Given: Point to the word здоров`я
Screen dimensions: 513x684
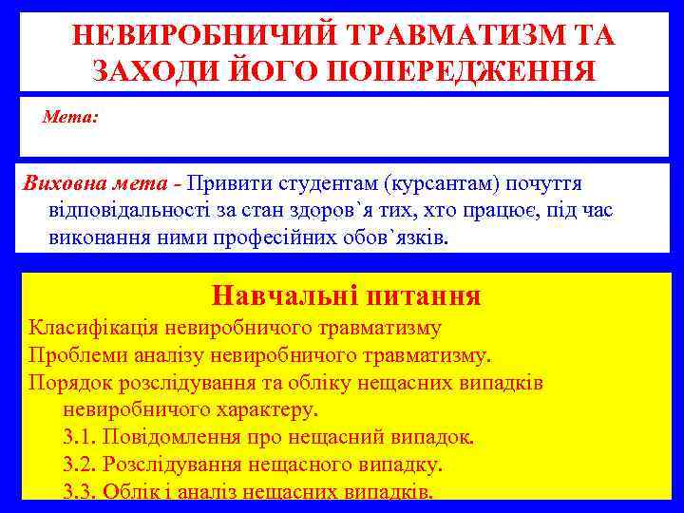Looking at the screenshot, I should coord(349,209).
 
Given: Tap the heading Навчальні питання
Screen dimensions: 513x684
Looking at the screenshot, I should coord(346,295).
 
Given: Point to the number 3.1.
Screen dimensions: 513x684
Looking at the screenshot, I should coord(79,438).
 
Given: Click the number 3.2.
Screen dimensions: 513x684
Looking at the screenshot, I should coord(79,465).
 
